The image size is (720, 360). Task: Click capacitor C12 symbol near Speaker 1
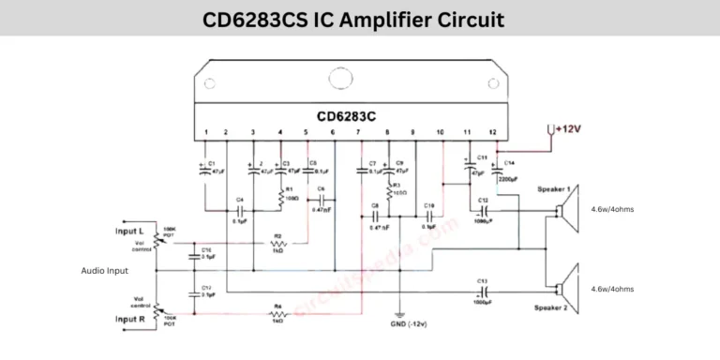tap(483, 211)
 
